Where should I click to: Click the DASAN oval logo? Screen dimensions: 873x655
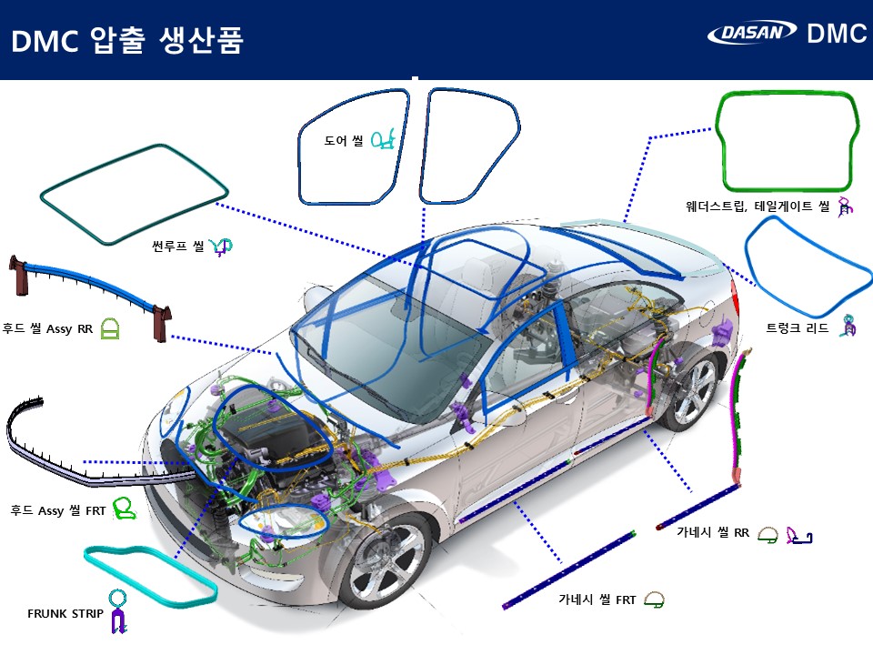coord(752,33)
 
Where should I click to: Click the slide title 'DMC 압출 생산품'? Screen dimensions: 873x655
coord(127,41)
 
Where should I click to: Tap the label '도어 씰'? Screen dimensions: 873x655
coord(344,140)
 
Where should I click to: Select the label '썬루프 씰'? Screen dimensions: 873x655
coord(178,246)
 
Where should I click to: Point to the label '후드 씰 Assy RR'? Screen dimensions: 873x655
coord(47,328)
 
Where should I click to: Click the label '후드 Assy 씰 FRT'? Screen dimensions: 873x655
coord(58,510)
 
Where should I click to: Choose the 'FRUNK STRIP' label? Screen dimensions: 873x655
coord(65,613)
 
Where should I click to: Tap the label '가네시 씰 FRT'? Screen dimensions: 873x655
coord(597,600)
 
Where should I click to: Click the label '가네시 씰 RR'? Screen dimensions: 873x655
coord(713,532)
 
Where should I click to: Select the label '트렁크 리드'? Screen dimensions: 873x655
coord(797,327)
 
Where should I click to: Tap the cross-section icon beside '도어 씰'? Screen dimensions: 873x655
coord(383,139)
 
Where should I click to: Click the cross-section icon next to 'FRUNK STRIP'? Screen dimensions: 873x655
coord(117,611)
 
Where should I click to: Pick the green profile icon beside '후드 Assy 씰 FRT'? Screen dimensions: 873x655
coord(125,509)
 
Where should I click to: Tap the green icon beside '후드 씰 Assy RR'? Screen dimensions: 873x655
coord(110,329)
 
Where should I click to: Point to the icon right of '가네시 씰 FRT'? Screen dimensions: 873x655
coord(654,600)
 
